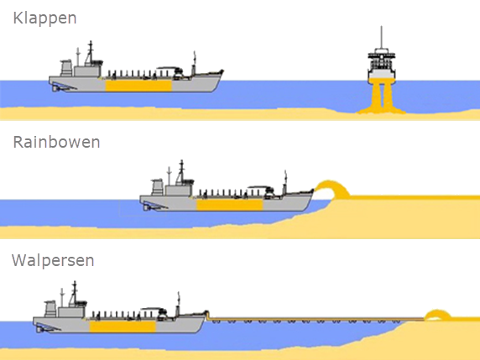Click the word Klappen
[x=44, y=18]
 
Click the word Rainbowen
[x=56, y=143]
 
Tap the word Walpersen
[x=53, y=260]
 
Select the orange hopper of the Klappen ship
[x=138, y=86]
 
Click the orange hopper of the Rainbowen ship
[x=230, y=205]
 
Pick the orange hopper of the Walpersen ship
[x=123, y=326]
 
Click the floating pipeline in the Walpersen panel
[x=316, y=321]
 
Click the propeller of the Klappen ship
[x=55, y=89]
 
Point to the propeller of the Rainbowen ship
[x=146, y=208]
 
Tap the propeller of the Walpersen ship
[x=39, y=330]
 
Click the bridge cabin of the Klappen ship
[x=87, y=71]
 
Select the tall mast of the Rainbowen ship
[x=181, y=172]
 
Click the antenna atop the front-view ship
[x=381, y=37]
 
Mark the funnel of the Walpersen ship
[x=50, y=309]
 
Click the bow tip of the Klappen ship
[x=222, y=71]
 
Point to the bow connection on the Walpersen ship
[x=207, y=315]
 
